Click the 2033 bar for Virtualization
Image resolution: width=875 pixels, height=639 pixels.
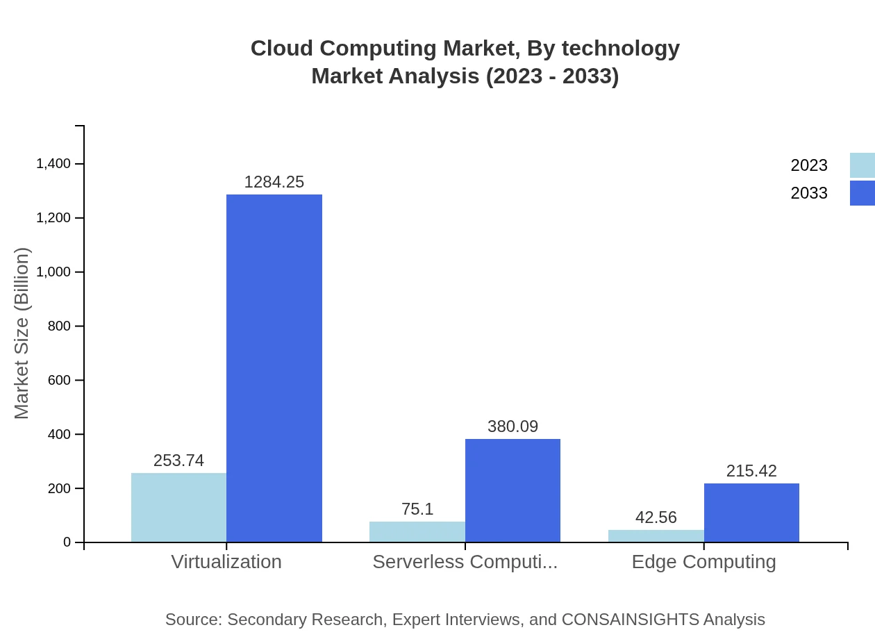click(274, 368)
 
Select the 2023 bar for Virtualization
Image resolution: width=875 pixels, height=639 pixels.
click(178, 507)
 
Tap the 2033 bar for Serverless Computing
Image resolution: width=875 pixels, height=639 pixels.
click(512, 490)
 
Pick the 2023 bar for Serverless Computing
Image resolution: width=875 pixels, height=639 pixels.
click(417, 531)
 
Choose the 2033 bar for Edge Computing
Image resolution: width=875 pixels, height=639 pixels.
click(751, 513)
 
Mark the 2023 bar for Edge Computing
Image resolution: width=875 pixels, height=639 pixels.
click(656, 536)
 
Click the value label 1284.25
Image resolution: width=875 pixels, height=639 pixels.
click(274, 182)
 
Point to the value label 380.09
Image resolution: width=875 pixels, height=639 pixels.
click(512, 426)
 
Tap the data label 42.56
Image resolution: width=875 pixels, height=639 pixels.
click(656, 517)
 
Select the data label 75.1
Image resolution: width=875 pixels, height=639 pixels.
click(417, 509)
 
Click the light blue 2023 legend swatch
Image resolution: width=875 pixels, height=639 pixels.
click(862, 165)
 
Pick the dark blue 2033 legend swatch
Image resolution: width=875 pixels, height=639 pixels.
click(862, 193)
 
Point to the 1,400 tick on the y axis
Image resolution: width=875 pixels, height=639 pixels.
click(53, 164)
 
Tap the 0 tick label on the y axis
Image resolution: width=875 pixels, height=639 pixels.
click(67, 542)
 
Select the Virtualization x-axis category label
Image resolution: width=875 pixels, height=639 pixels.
click(226, 561)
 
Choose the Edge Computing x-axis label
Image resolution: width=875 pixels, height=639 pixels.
click(703, 561)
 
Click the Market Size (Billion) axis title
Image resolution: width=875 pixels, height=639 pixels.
click(22, 333)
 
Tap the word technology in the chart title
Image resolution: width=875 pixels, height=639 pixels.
click(620, 49)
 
